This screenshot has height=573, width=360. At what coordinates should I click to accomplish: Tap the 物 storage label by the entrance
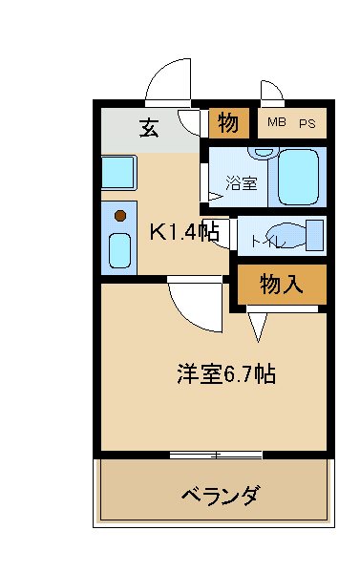[x=227, y=123]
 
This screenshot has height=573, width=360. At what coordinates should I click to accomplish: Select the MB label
[x=276, y=122]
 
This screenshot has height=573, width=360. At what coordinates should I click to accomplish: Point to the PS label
[x=307, y=122]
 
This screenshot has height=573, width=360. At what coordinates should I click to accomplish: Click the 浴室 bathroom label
[x=241, y=182]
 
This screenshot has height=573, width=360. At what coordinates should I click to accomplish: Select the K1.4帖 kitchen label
[x=184, y=230]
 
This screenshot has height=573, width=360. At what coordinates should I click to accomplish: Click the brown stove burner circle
[x=120, y=216]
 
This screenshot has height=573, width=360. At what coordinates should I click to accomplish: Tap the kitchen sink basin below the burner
[x=120, y=252]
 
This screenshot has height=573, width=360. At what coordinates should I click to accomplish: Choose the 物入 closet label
[x=282, y=285]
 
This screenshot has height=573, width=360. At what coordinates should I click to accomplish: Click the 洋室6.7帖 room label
[x=226, y=373]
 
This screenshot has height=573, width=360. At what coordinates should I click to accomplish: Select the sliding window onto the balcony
[x=217, y=454]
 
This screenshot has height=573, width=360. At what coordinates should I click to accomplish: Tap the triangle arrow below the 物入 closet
[x=256, y=328]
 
